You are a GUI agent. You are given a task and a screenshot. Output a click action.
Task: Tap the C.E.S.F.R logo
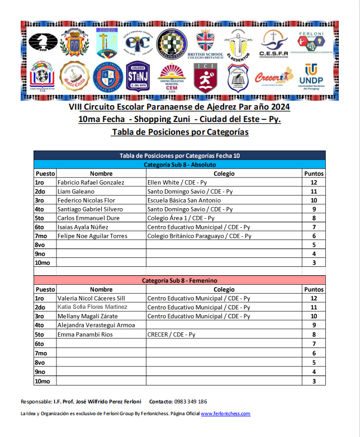(273, 44)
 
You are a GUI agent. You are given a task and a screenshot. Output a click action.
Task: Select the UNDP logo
(311, 77)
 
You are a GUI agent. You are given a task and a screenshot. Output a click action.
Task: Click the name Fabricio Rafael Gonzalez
(91, 182)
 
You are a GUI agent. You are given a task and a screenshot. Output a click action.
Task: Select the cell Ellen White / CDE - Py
(177, 182)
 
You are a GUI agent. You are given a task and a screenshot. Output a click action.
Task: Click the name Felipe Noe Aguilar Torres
(93, 236)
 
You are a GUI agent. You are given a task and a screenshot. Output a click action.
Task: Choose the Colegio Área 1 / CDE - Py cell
(185, 218)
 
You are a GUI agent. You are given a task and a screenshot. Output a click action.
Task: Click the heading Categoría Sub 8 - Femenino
(179, 280)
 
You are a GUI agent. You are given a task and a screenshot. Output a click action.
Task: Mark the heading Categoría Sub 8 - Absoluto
(179, 165)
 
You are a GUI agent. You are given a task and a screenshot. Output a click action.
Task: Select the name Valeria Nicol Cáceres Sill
(92, 298)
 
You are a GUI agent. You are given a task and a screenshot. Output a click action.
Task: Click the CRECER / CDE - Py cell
(171, 335)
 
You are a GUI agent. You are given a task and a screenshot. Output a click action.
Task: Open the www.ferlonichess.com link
(225, 413)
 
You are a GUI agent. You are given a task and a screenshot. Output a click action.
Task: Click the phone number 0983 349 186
(191, 401)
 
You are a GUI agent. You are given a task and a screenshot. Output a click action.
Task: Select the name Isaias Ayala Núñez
(83, 227)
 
